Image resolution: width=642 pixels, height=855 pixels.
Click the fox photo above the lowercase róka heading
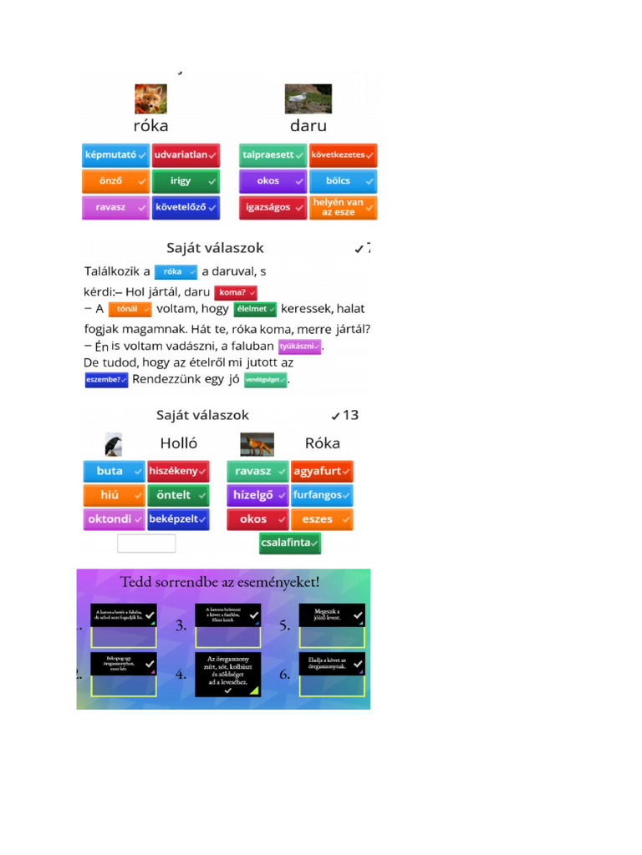point(150,99)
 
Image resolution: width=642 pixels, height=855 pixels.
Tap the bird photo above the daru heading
point(308,99)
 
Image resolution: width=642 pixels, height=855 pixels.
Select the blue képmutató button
point(115,155)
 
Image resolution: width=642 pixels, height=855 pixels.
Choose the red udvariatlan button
point(186,155)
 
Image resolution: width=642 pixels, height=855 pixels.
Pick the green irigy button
point(186,181)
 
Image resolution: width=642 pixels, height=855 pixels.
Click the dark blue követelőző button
point(186,207)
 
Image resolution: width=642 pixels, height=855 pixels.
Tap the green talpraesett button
point(273,155)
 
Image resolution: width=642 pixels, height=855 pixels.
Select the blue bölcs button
point(343,181)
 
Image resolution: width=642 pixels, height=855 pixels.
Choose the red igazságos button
point(273,207)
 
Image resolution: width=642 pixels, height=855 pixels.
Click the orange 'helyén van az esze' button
point(343,207)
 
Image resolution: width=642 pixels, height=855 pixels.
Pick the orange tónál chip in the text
point(130,309)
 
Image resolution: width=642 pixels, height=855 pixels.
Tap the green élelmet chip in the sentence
point(255,309)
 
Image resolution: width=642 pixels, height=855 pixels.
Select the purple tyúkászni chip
point(300,346)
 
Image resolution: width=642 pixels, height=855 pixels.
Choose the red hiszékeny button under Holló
point(177,471)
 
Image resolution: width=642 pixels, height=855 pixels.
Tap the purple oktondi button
point(114,519)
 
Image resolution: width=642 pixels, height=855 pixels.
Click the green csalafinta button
point(289,543)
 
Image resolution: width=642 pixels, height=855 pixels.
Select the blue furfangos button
point(322,495)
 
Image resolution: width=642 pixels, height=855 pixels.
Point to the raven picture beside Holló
point(114,444)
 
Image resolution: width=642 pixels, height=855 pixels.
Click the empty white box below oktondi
point(146,544)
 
